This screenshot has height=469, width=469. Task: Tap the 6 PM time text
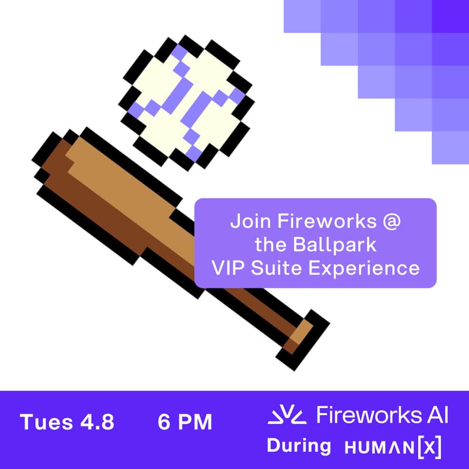(x=185, y=422)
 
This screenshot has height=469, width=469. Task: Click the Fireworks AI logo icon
(x=287, y=416)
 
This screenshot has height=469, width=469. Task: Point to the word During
(x=299, y=446)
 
